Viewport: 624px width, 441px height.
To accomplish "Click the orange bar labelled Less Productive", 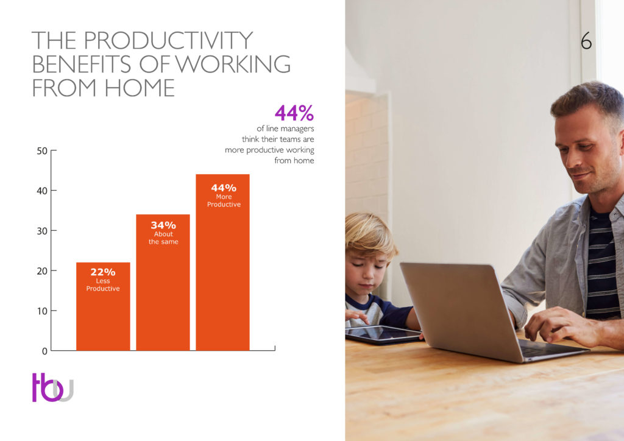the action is tap(103, 306).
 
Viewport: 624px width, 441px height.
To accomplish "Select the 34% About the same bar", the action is tap(163, 283).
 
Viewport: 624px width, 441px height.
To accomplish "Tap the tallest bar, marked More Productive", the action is tap(222, 262).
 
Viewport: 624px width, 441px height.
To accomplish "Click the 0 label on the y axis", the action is tap(44, 351).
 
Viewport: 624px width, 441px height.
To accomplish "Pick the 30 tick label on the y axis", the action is tap(42, 231).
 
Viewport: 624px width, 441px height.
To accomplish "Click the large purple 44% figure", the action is tap(294, 113).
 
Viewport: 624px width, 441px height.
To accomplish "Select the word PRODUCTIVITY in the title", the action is tap(168, 40).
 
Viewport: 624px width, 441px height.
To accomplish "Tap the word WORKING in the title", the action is tap(232, 64).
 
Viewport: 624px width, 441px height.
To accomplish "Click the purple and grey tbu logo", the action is tap(53, 387).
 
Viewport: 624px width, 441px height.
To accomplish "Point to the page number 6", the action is tap(586, 41).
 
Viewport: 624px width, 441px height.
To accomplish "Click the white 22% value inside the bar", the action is tap(102, 272).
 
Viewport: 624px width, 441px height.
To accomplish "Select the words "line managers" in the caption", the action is tap(289, 129).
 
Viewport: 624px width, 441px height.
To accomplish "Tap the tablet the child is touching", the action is tap(383, 334).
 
